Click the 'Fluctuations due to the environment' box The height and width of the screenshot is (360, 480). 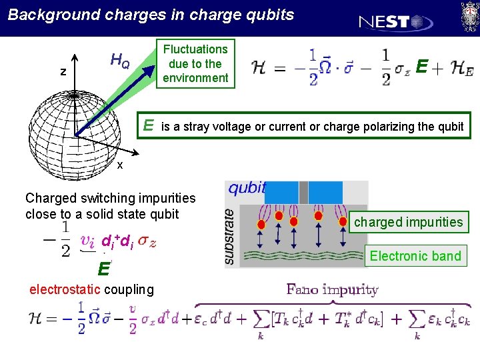[x=195, y=63]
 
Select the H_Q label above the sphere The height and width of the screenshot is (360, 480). [x=120, y=62]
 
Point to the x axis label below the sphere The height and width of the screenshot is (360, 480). [x=120, y=165]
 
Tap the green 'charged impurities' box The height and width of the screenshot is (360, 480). [x=408, y=222]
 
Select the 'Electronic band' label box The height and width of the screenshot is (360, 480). [x=415, y=256]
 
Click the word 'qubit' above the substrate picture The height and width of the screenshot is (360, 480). [x=247, y=187]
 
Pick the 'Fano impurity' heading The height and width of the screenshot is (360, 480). [x=332, y=289]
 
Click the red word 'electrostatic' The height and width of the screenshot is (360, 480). [x=65, y=289]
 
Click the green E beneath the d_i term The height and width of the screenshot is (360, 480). [x=103, y=269]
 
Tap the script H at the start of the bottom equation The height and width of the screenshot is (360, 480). [x=37, y=318]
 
